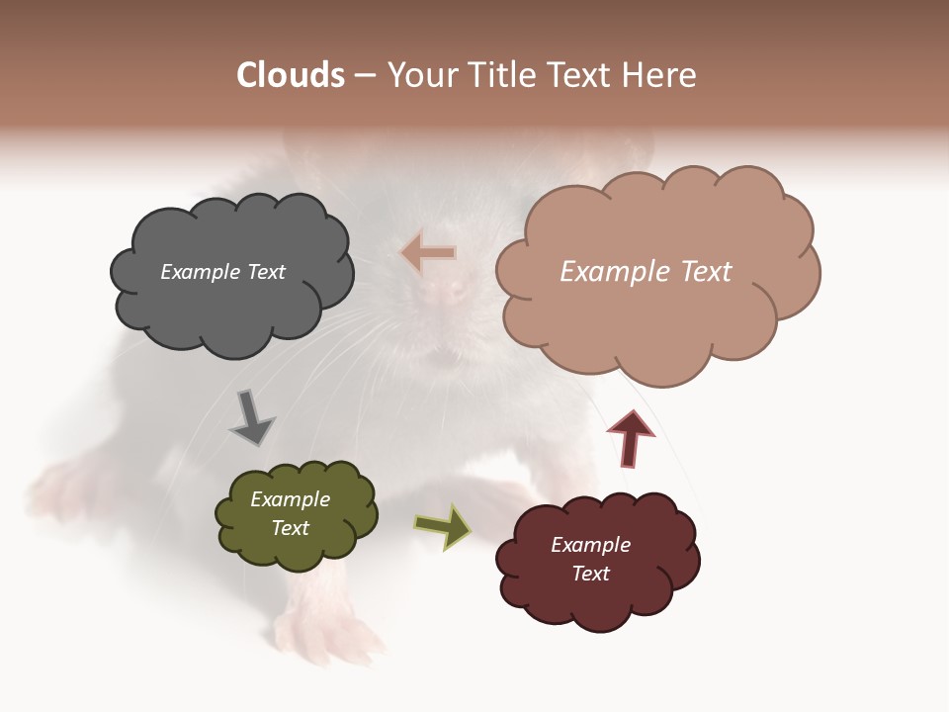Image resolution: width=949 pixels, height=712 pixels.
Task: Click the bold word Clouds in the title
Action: (291, 75)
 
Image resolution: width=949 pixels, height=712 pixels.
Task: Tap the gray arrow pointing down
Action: (252, 418)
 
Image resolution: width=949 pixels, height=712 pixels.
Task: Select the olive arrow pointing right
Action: (442, 526)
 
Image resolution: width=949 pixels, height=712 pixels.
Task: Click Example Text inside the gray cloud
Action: (222, 272)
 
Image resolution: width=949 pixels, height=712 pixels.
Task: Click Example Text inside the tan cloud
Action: (646, 272)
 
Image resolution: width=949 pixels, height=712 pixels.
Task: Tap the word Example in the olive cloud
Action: (290, 499)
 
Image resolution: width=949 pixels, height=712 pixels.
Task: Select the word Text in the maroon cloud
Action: (590, 574)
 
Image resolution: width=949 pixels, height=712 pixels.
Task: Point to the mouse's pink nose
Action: (451, 290)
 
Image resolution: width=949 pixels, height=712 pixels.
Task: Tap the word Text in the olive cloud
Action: (290, 528)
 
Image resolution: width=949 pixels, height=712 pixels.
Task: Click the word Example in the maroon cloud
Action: (590, 545)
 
